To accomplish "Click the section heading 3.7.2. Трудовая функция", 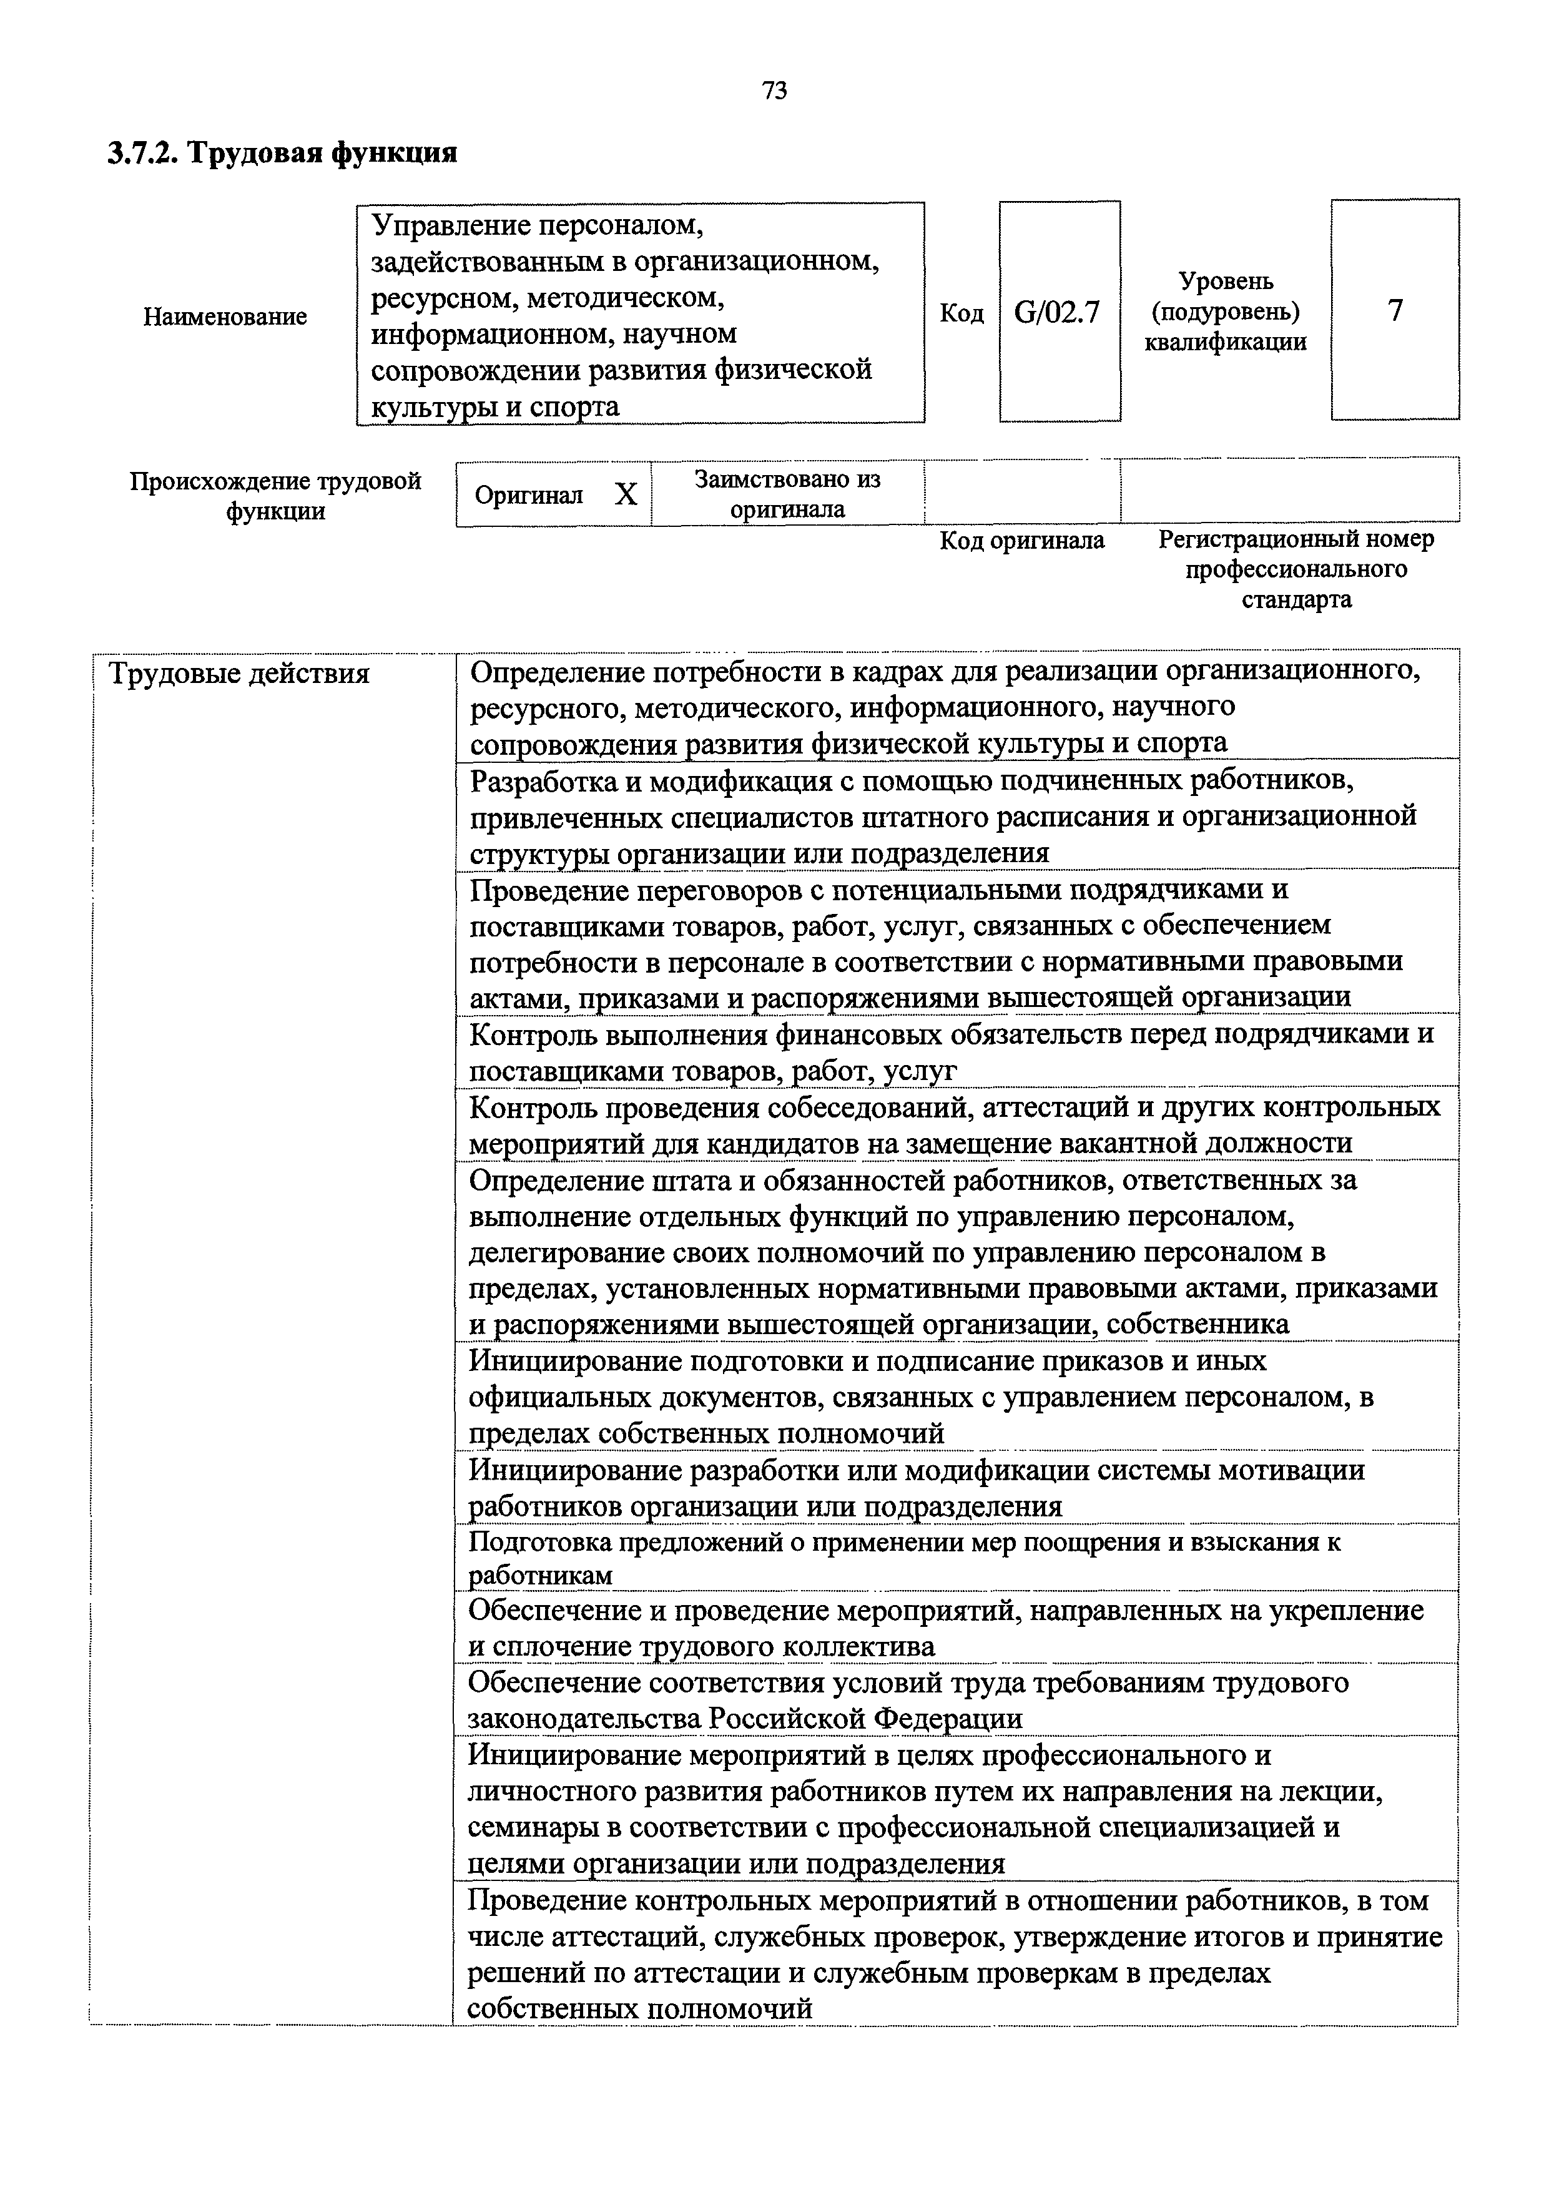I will (282, 152).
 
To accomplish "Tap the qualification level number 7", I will (1395, 310).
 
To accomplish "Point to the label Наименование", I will (225, 317).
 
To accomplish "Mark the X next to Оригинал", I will (625, 494).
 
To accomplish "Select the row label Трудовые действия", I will (239, 674).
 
